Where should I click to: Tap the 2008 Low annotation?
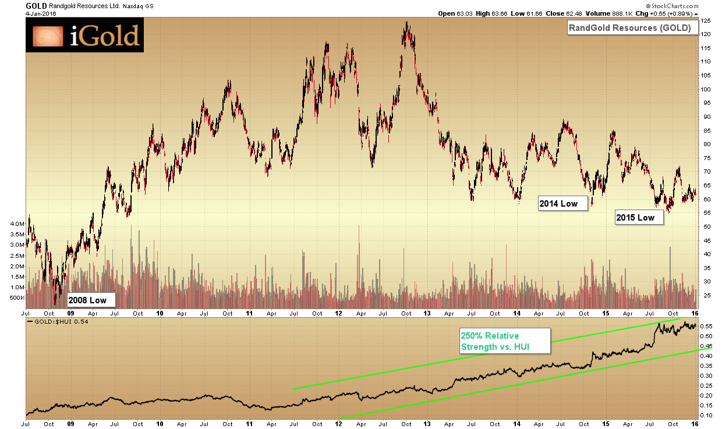coord(91,300)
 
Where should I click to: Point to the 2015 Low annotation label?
coord(639,218)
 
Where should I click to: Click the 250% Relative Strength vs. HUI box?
coord(496,342)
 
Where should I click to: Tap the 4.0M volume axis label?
coord(16,224)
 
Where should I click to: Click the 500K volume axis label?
coord(16,298)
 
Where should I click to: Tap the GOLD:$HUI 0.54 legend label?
coord(58,321)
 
